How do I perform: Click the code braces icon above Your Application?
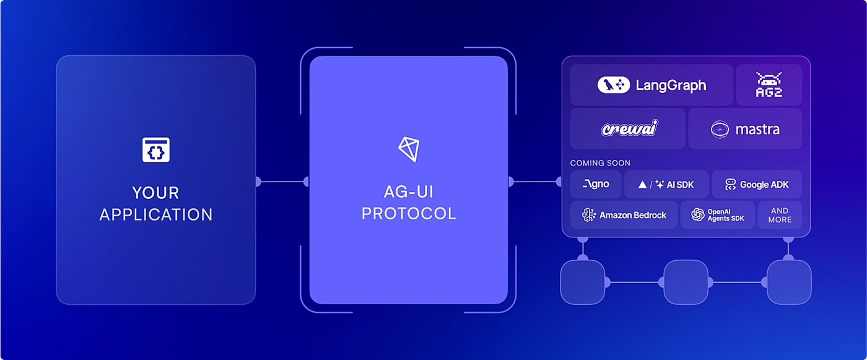(x=156, y=150)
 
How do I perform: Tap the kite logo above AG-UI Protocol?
(x=409, y=149)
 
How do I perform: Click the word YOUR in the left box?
(x=155, y=193)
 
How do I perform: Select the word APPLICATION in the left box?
(x=156, y=214)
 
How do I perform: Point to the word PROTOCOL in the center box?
(x=409, y=213)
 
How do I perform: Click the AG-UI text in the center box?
(x=409, y=191)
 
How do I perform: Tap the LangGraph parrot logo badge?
(x=614, y=85)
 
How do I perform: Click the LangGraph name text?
(x=671, y=85)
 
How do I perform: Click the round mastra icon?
(x=720, y=130)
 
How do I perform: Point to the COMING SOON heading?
(x=600, y=163)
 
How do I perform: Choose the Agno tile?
(x=596, y=184)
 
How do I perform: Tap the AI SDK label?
(x=680, y=185)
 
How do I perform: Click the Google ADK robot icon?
(x=730, y=184)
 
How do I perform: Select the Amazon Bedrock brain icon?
(x=589, y=215)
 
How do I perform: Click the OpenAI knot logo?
(x=698, y=215)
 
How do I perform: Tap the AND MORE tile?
(x=780, y=215)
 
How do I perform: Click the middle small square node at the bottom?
(x=686, y=282)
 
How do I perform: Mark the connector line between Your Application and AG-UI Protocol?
(x=282, y=181)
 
